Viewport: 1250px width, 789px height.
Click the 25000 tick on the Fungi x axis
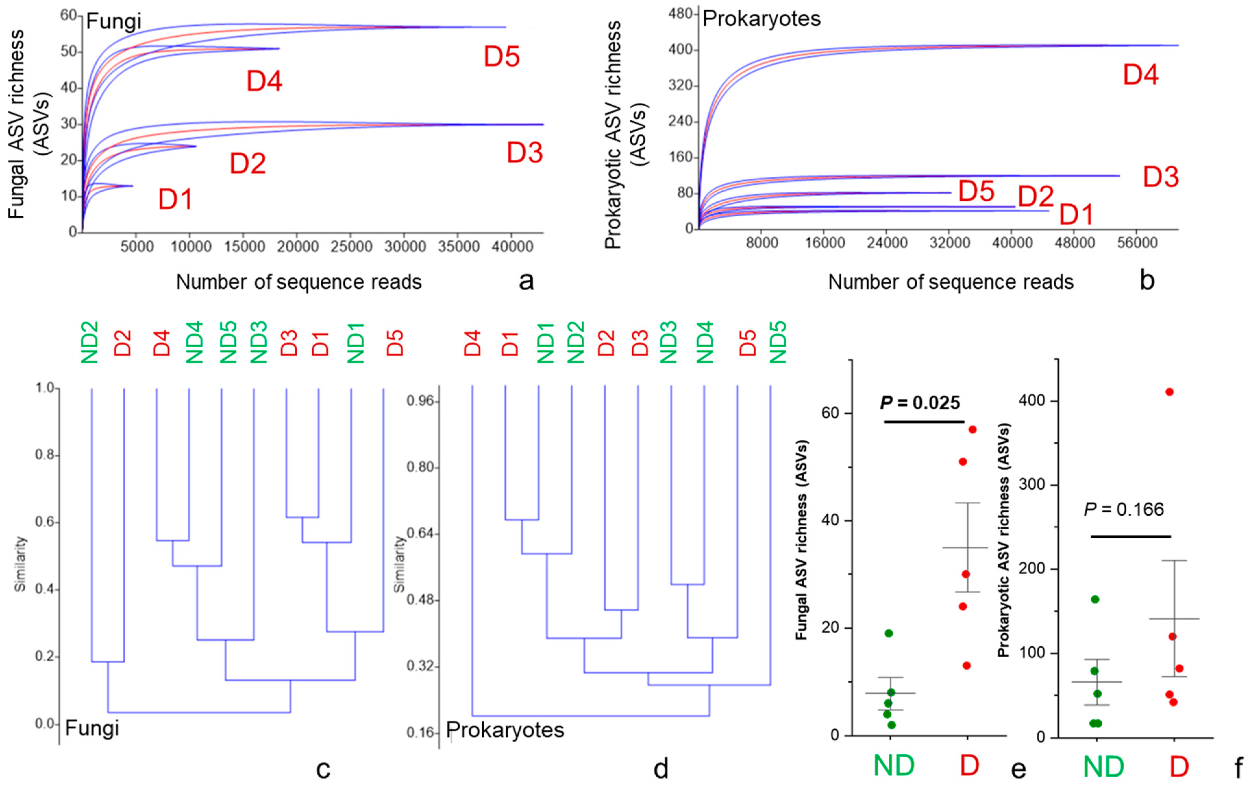click(x=351, y=246)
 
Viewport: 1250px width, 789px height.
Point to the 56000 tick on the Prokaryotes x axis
click(x=1137, y=243)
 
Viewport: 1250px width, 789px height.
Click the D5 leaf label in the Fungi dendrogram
click(x=395, y=342)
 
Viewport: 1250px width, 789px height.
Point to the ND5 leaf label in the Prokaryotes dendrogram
click(x=778, y=342)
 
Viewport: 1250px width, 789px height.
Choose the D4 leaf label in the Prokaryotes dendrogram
click(x=472, y=343)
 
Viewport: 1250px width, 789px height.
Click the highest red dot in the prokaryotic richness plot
click(x=1170, y=392)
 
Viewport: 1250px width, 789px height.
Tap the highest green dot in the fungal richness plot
click(x=889, y=633)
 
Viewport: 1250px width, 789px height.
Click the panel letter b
click(x=1147, y=281)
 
